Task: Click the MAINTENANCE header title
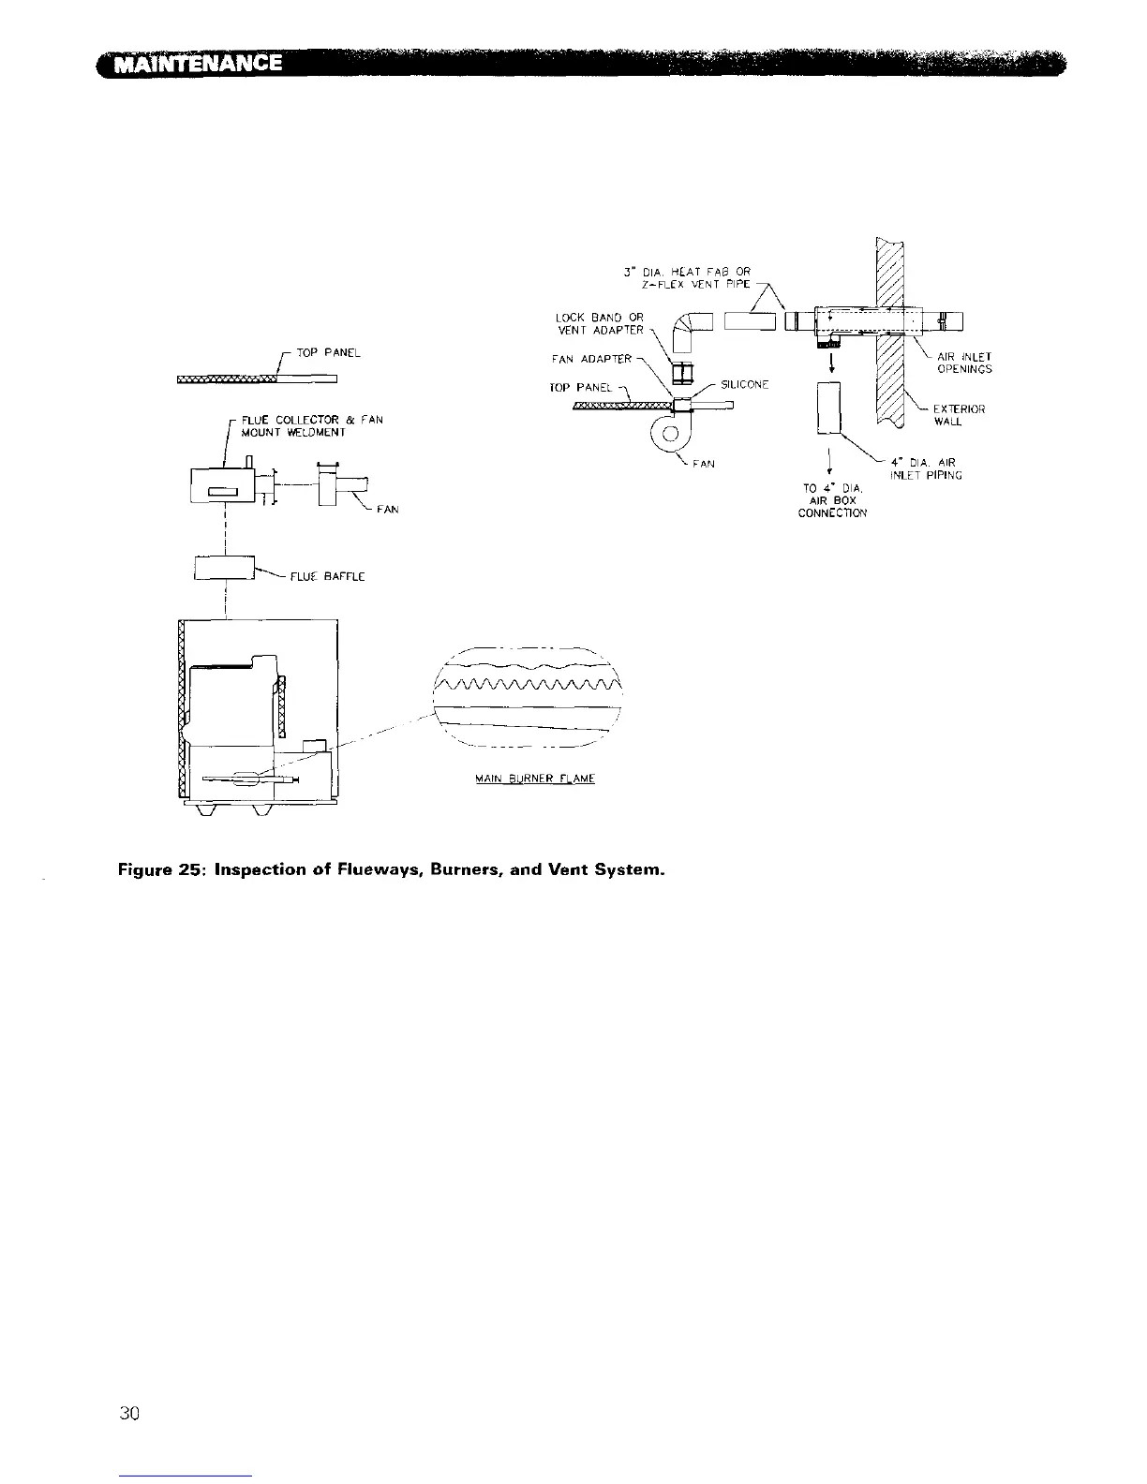coord(197,64)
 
